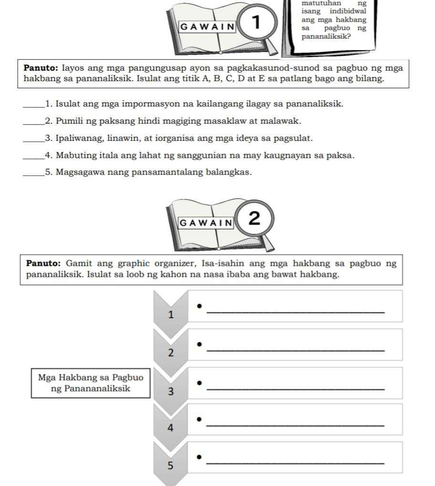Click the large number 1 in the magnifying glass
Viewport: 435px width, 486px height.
point(256,22)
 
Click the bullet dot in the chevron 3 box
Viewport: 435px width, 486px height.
point(200,382)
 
